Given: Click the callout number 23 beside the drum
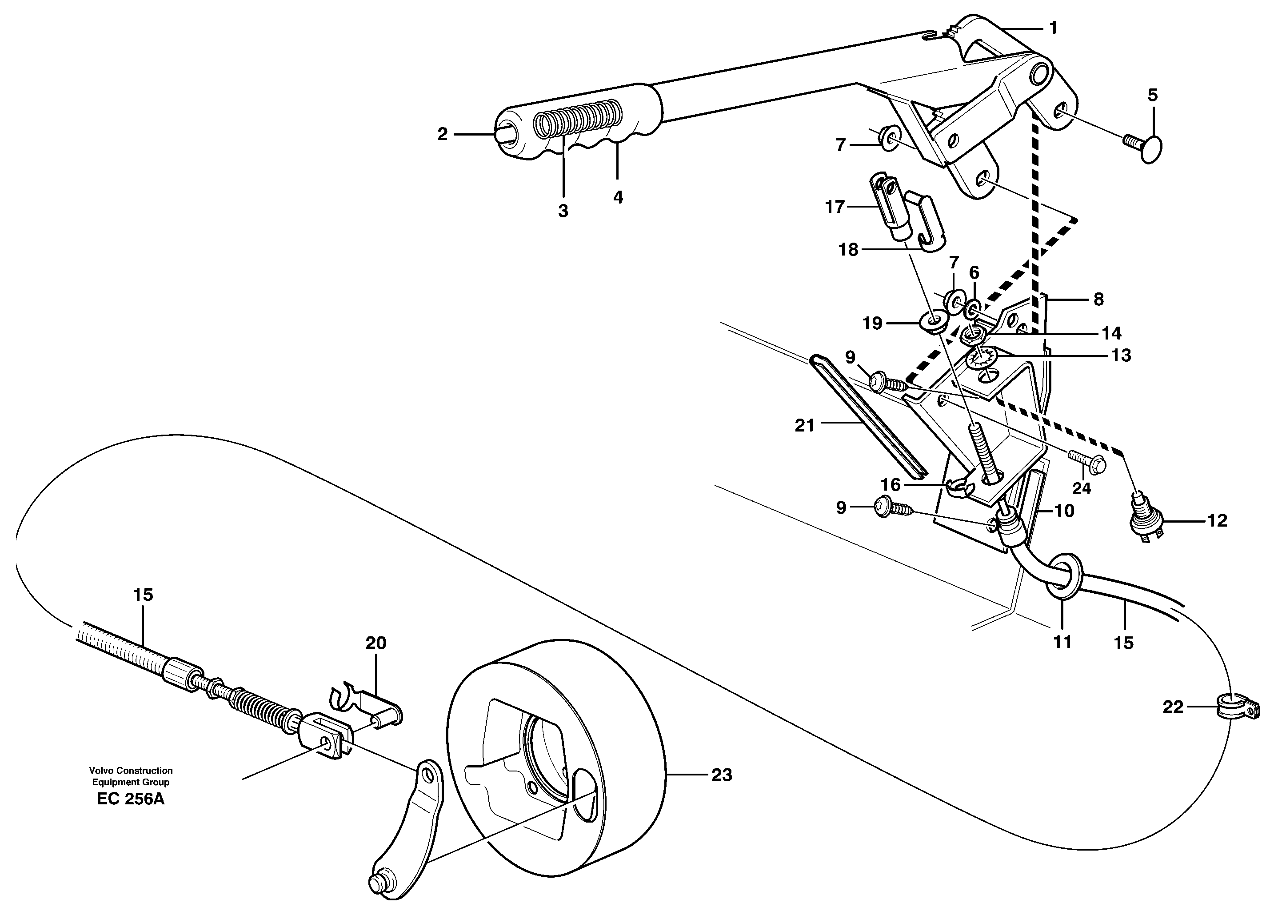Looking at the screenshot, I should (722, 775).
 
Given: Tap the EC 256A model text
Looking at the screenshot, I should (131, 799).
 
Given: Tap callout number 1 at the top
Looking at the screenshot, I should (1053, 28).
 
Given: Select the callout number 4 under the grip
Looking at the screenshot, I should (618, 197).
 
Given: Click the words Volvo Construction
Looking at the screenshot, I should (131, 770).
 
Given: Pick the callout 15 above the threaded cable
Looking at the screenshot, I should (143, 595).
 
